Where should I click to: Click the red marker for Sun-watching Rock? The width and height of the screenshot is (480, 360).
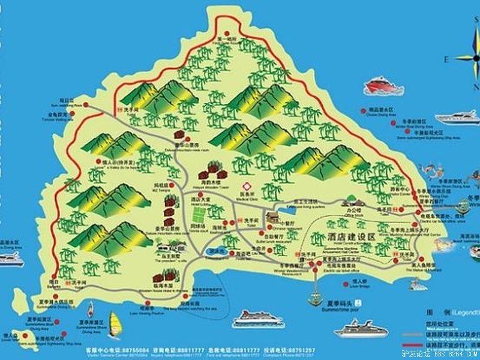coord(86,105)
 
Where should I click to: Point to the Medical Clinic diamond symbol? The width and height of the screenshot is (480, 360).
coord(245,186)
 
